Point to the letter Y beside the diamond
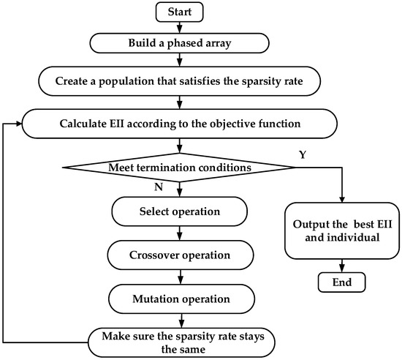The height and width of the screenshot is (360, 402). pyautogui.click(x=304, y=156)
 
